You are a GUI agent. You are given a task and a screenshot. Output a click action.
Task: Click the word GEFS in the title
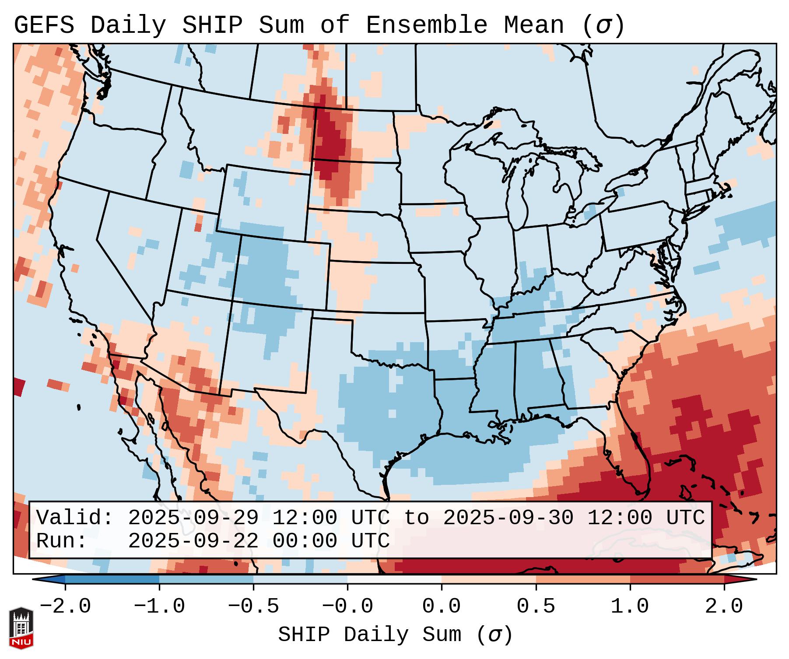click(44, 25)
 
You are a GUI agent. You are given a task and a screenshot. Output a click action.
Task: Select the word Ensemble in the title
click(426, 25)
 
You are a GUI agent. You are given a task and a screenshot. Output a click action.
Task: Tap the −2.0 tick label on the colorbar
click(65, 606)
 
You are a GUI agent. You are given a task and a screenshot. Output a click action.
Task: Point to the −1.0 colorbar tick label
click(159, 606)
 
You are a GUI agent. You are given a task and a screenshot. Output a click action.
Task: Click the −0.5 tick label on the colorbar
click(253, 606)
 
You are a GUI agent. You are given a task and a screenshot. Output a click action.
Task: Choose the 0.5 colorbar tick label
click(536, 606)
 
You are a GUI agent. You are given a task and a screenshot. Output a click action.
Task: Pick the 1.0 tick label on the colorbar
click(630, 606)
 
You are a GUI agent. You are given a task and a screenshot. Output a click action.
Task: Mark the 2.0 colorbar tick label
click(724, 606)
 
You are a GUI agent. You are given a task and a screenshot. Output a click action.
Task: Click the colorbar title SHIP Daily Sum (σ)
click(395, 635)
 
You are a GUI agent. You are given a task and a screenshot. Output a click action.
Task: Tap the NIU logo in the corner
click(21, 627)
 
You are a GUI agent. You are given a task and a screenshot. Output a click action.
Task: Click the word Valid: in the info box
click(74, 518)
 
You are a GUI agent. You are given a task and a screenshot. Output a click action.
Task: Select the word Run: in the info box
click(61, 541)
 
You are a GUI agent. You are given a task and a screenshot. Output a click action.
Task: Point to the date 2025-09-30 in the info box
click(508, 518)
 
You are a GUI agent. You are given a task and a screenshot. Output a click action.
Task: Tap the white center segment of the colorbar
click(394, 579)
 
